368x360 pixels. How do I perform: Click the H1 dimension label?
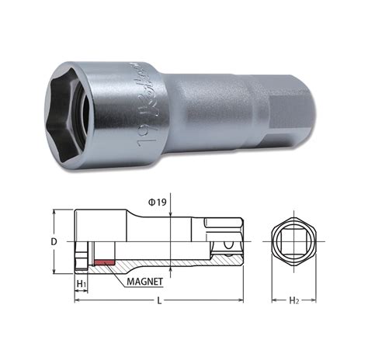[x=82, y=282]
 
